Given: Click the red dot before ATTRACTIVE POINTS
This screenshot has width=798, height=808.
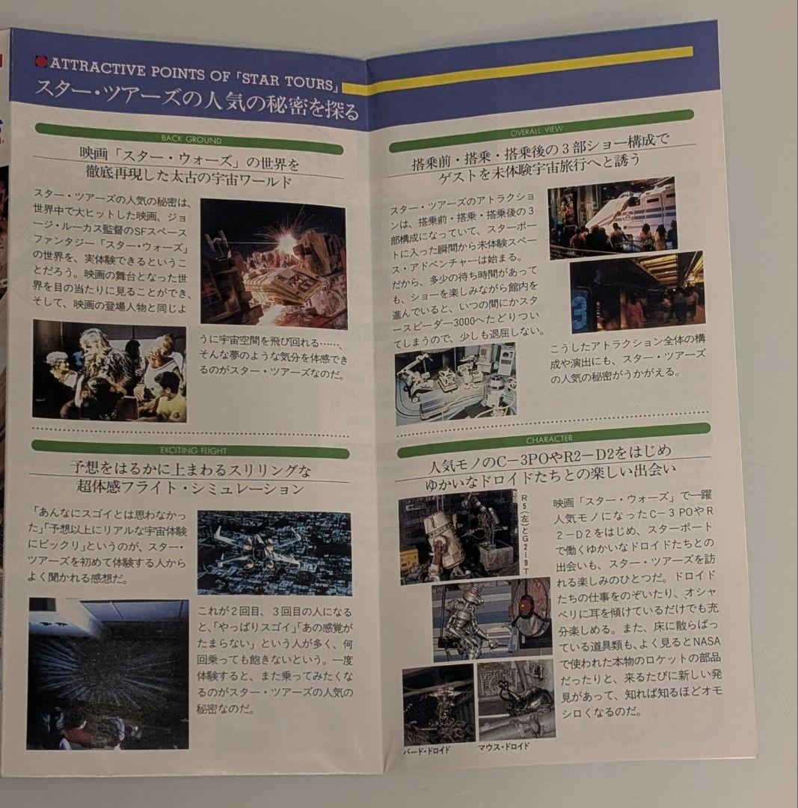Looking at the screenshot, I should [40, 62].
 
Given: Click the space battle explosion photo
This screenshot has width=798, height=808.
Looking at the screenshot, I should [273, 263].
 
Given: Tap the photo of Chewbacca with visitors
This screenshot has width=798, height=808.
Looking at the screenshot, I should [109, 370].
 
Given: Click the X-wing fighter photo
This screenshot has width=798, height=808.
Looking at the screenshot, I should [274, 552].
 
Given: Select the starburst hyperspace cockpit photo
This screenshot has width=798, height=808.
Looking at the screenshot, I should [108, 672].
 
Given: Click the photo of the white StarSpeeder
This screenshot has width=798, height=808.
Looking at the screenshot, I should [612, 216].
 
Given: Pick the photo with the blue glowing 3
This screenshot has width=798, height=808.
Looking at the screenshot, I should [636, 293].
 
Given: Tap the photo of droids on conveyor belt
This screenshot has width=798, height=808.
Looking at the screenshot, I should [455, 383].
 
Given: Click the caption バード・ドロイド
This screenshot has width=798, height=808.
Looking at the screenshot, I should [427, 750].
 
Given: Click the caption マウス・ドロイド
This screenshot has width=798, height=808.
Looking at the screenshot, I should [503, 746].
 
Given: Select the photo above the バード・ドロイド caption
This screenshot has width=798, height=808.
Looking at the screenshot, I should [438, 704].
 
